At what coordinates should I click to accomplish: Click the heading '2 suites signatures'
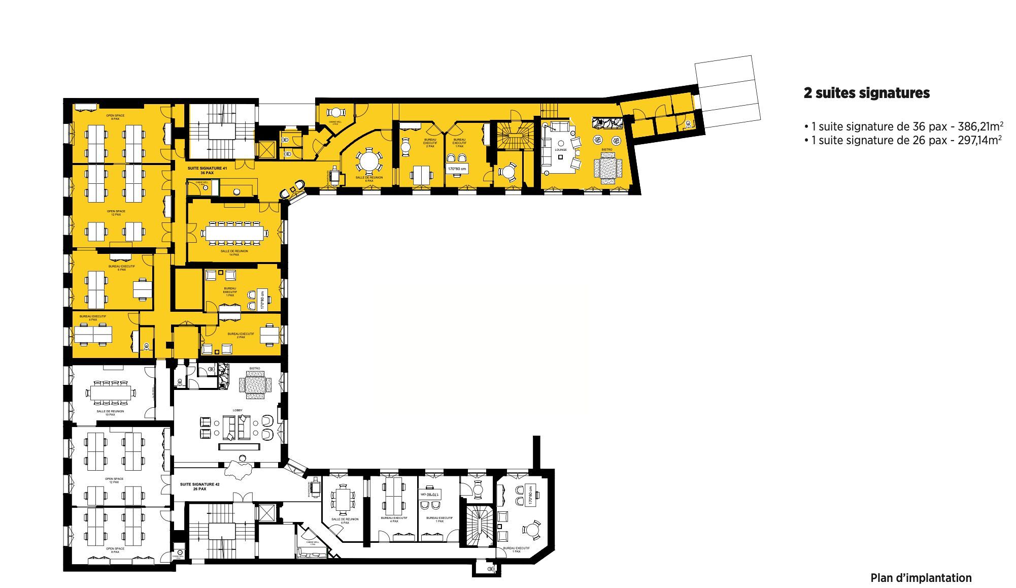pos(866,93)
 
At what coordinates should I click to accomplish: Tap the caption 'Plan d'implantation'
pos(921,578)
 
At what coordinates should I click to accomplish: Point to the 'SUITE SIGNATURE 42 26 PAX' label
pos(199,486)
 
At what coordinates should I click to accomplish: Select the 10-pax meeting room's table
pos(111,392)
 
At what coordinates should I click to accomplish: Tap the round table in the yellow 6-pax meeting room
pos(369,162)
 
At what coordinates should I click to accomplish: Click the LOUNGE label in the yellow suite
pos(560,150)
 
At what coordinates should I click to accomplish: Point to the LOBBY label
pos(238,410)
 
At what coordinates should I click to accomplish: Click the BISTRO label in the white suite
pos(254,368)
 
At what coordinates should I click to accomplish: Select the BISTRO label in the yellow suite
pos(607,150)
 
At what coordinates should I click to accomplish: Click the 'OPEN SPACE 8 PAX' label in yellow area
pos(115,117)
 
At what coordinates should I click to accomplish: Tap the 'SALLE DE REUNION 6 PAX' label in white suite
pos(345,521)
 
